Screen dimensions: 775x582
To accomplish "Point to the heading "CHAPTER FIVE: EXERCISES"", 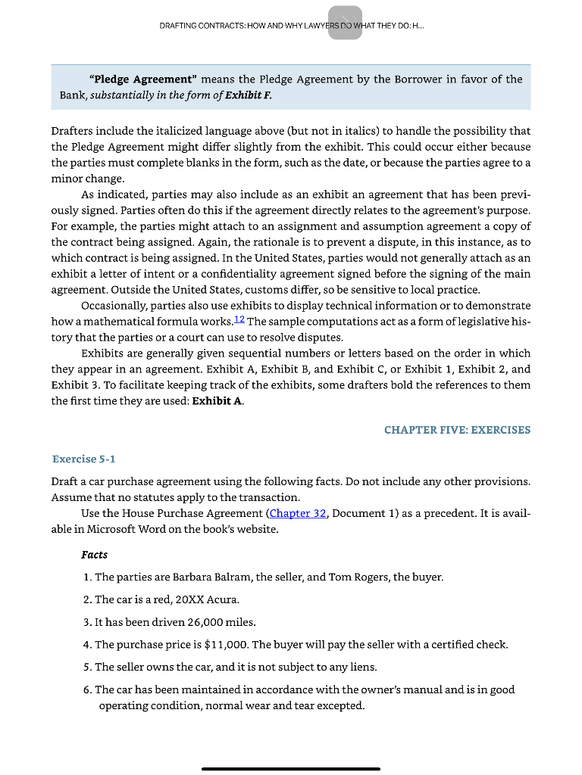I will click(457, 430).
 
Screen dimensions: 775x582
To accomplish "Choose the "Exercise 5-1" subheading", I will click(83, 459).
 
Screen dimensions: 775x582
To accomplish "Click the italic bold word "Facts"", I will click(95, 555).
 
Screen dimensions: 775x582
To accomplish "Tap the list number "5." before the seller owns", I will click(87, 667).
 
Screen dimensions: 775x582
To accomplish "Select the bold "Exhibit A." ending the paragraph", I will click(217, 401).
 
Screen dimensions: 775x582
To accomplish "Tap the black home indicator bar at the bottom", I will click(291, 769).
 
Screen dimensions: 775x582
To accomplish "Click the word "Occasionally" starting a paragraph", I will click(114, 306).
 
